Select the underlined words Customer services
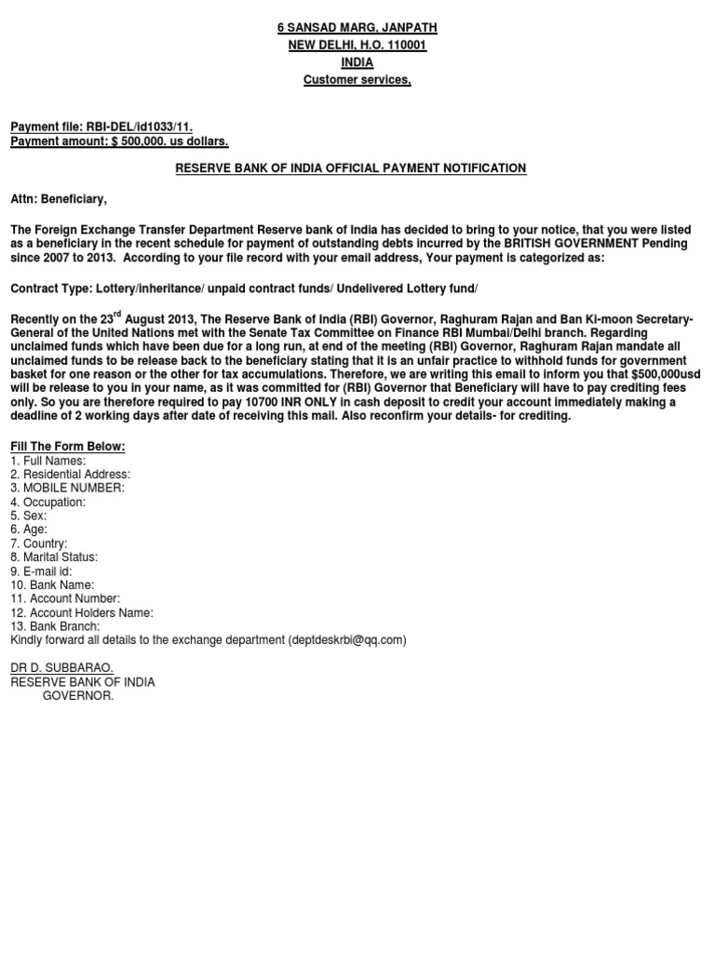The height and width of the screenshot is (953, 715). [x=357, y=80]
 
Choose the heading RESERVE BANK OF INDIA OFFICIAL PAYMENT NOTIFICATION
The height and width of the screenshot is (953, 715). [x=351, y=168]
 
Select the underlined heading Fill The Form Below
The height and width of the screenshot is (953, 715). [x=67, y=447]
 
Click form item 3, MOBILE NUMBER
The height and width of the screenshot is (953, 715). [x=67, y=488]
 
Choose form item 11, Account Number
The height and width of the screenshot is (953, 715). [x=65, y=598]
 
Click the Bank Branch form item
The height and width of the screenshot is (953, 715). [x=55, y=626]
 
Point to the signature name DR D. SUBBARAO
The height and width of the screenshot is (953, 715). [x=61, y=668]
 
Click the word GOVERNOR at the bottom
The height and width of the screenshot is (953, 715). [x=78, y=696]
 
